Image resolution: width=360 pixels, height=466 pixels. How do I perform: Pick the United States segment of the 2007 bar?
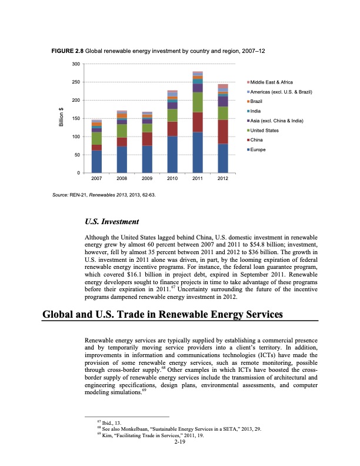pyautogui.click(x=96, y=138)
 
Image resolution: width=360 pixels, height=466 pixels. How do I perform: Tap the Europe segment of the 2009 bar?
pyautogui.click(x=147, y=159)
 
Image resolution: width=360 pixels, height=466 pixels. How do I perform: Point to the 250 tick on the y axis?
pyautogui.click(x=75, y=82)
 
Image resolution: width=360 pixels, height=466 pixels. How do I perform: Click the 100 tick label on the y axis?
pyautogui.click(x=75, y=137)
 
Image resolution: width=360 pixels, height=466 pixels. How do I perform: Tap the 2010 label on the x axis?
pyautogui.click(x=172, y=178)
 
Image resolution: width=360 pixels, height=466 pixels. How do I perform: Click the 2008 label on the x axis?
pyautogui.click(x=122, y=178)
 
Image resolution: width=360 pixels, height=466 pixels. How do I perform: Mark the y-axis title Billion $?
pyautogui.click(x=60, y=118)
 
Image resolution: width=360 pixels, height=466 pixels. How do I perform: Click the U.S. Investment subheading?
pyautogui.click(x=112, y=222)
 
